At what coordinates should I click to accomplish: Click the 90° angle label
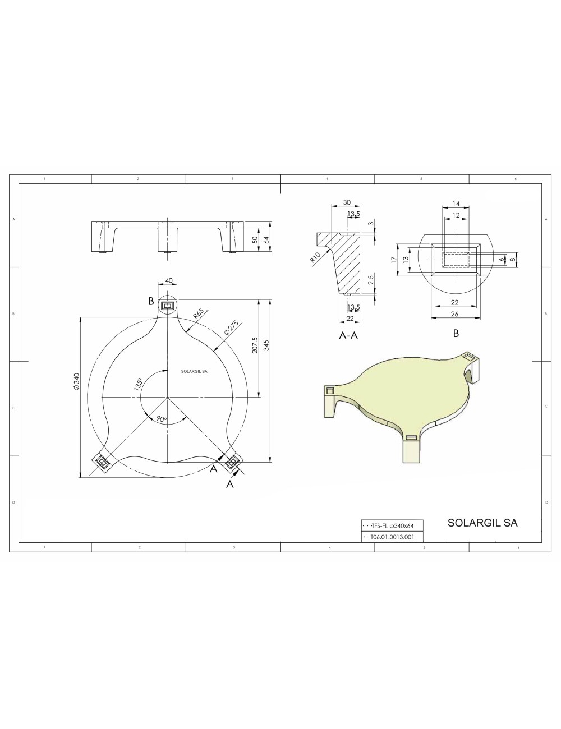pyautogui.click(x=162, y=419)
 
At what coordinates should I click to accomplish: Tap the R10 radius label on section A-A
pyautogui.click(x=315, y=257)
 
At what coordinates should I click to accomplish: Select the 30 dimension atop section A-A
pyautogui.click(x=347, y=202)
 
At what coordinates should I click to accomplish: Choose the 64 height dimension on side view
pyautogui.click(x=267, y=239)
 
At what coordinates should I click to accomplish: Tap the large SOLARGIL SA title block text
pyautogui.click(x=482, y=523)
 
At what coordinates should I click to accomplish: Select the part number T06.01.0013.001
pyautogui.click(x=392, y=537)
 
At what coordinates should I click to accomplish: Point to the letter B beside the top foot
pyautogui.click(x=151, y=301)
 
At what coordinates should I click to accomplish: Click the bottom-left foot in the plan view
pyautogui.click(x=103, y=462)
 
